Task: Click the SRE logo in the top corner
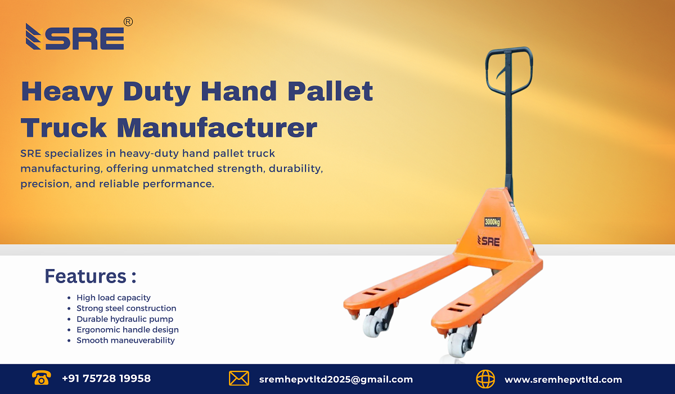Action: pos(75,37)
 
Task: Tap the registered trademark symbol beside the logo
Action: pos(128,22)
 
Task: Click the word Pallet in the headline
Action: pos(328,91)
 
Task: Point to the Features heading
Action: pos(90,276)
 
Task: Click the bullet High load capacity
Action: pos(114,298)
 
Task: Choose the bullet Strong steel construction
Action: pos(126,308)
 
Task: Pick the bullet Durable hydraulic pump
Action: pos(125,319)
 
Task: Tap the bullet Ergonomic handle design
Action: pos(127,330)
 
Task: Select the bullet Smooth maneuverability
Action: pos(125,341)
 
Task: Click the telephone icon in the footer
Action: pos(40,379)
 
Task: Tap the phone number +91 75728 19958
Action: pos(106,379)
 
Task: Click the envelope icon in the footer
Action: pos(239,379)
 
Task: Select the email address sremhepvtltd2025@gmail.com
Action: pos(336,379)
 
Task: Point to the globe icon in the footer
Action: pos(485,379)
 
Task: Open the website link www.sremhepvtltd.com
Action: pos(563,379)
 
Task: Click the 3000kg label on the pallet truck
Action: pos(492,222)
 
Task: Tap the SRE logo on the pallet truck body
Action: pos(488,241)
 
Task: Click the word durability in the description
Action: pos(295,168)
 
